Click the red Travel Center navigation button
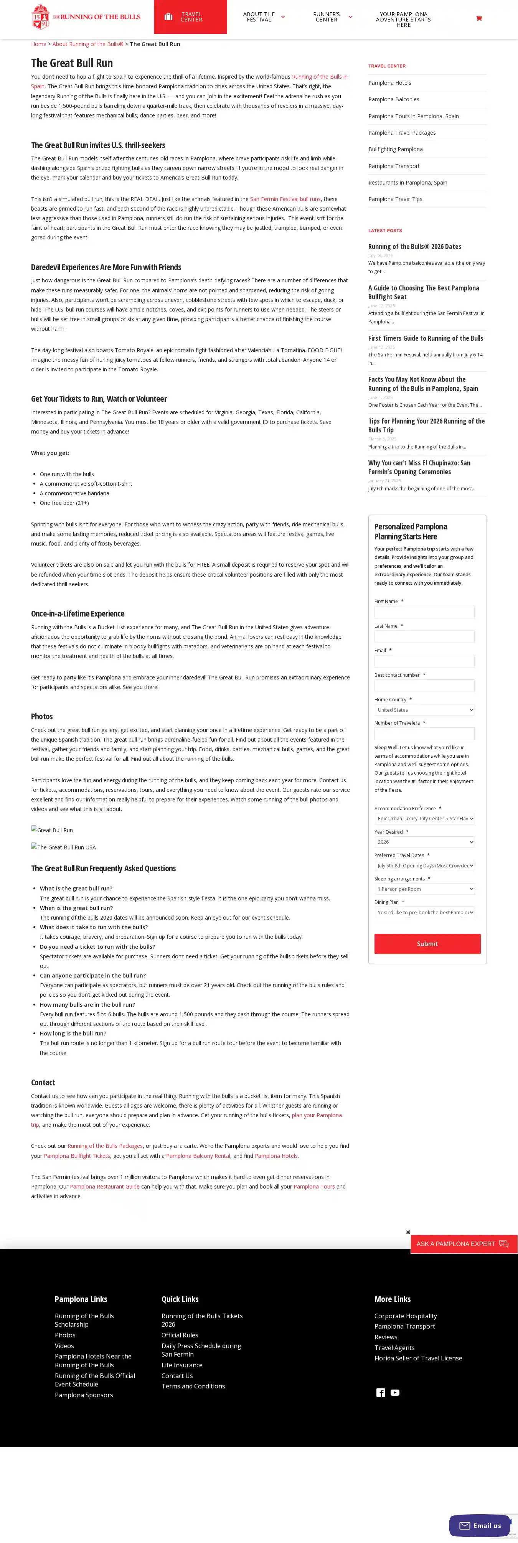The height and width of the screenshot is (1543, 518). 190,17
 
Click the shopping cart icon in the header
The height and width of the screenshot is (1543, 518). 478,18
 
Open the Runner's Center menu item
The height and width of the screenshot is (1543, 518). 327,17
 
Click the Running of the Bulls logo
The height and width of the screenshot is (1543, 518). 86,17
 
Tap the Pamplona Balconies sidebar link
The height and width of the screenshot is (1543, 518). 393,99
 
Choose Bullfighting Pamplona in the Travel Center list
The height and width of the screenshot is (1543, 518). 395,149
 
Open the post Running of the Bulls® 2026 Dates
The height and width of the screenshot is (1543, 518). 414,247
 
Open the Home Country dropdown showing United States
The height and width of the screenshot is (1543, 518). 424,710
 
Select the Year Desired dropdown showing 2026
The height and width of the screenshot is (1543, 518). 424,842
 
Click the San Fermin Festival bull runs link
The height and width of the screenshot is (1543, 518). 285,199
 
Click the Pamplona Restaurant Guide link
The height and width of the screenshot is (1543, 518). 104,1187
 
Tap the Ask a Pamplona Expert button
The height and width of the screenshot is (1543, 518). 463,1243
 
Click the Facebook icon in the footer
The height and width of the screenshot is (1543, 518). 380,1393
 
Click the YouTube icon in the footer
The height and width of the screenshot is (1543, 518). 394,1393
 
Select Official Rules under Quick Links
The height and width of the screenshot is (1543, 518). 180,1335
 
